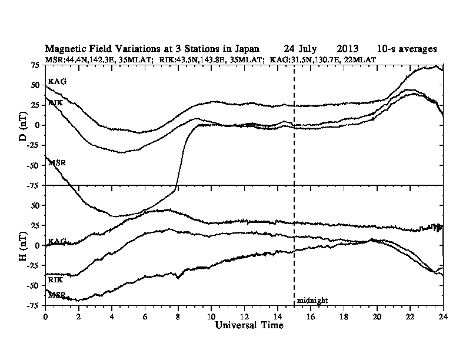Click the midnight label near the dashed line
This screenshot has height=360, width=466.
pyautogui.click(x=312, y=300)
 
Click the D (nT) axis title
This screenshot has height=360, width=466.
pyautogui.click(x=24, y=125)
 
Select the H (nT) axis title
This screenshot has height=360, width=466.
pyautogui.click(x=24, y=245)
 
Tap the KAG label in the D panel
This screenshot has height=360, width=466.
pyautogui.click(x=57, y=81)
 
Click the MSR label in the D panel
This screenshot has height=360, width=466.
pyautogui.click(x=57, y=162)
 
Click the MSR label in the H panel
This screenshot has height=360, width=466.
pyautogui.click(x=57, y=294)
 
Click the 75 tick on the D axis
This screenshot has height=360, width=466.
pyautogui.click(x=36, y=65)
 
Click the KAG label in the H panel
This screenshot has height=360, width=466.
pyautogui.click(x=57, y=241)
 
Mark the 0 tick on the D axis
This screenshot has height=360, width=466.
pyautogui.click(x=39, y=125)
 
